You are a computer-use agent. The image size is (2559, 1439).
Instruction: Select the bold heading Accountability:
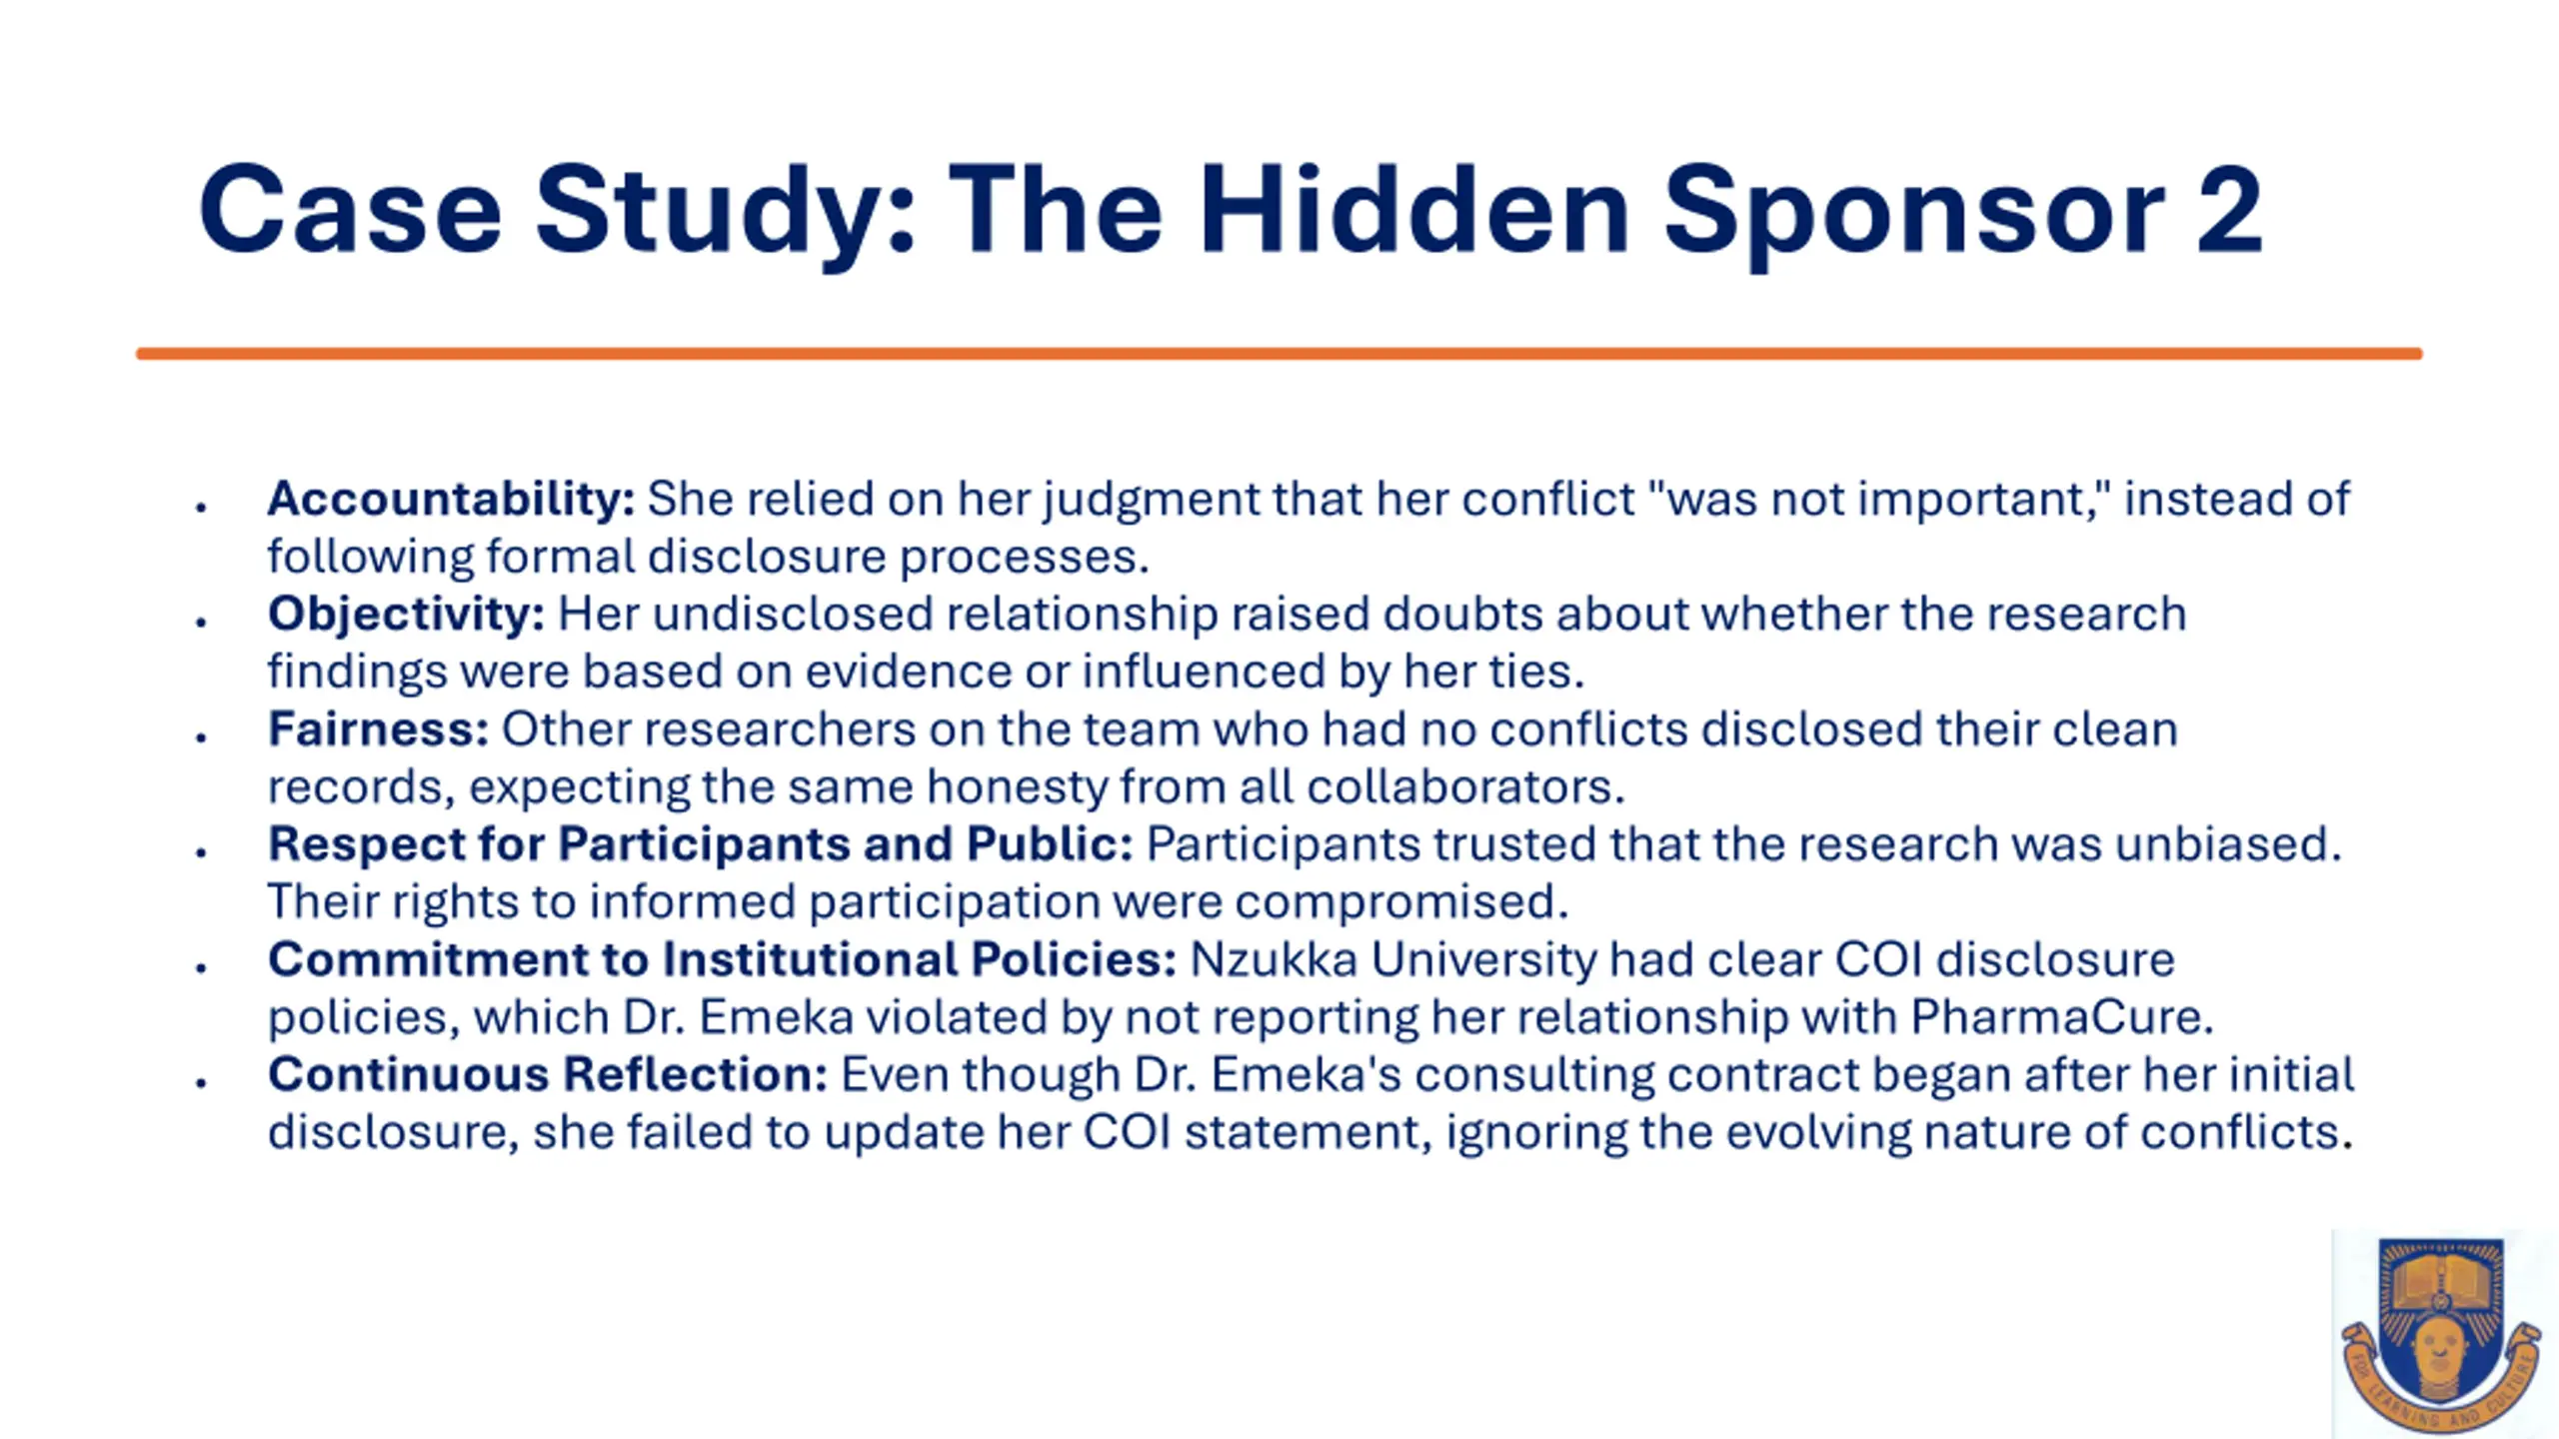point(451,499)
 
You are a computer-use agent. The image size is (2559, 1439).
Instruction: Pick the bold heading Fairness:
point(378,728)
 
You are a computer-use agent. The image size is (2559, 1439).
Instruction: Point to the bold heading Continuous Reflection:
point(548,1074)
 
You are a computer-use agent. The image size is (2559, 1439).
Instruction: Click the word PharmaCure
point(2061,1017)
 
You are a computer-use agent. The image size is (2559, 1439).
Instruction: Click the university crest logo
point(2441,1333)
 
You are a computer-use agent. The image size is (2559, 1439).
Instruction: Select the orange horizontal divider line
point(1279,354)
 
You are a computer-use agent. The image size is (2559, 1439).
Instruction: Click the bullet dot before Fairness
point(202,737)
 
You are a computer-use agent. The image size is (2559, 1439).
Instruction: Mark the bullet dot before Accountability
point(202,508)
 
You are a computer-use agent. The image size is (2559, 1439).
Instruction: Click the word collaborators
point(1466,787)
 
